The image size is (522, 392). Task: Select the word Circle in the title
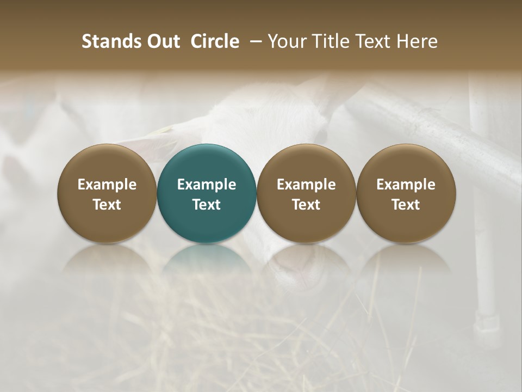pos(215,41)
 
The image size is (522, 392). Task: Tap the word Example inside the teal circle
pos(207,185)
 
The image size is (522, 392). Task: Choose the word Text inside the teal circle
pos(207,205)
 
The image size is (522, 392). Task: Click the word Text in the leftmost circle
pos(107,205)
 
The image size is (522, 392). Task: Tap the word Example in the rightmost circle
pos(406,185)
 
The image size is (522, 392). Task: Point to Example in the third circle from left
pos(306,185)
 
